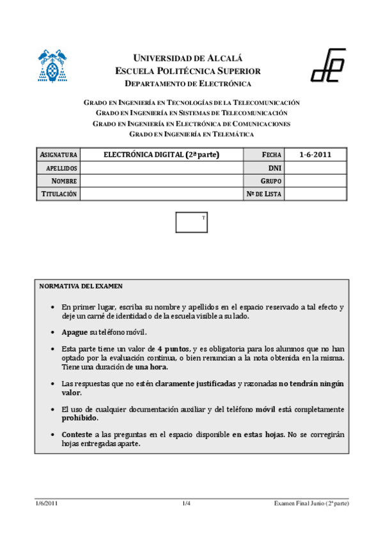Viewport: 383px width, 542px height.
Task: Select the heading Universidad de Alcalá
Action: point(187,58)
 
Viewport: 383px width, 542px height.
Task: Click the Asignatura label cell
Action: point(59,155)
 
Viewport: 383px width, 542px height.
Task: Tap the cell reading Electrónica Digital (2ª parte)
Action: point(161,155)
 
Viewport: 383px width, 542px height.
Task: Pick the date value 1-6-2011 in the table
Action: point(315,155)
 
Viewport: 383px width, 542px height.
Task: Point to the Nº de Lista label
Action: point(264,194)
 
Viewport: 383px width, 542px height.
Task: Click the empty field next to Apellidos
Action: point(161,168)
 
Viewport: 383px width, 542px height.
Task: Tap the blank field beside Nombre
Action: point(161,181)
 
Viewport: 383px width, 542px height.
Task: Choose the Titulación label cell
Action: point(59,194)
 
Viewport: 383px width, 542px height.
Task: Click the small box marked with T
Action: point(192,222)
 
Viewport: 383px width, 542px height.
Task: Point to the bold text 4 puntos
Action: point(173,349)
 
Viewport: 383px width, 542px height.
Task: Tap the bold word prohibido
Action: point(80,418)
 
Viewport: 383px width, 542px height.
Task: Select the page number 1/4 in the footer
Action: point(187,504)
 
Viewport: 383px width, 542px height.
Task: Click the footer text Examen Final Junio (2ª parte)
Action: point(311,504)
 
